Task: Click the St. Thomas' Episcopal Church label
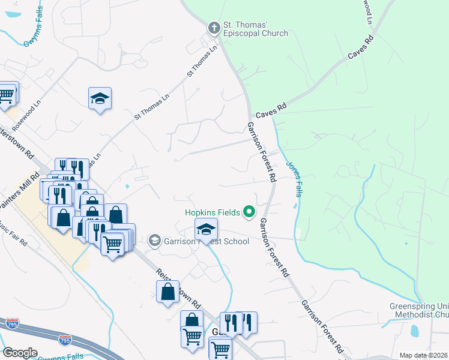pyautogui.click(x=256, y=29)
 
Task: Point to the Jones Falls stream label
pyautogui.click(x=294, y=178)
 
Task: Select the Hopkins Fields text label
pyautogui.click(x=212, y=212)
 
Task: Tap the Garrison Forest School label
pyautogui.click(x=206, y=242)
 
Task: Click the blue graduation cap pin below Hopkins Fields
pyautogui.click(x=206, y=229)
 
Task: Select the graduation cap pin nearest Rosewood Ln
pyautogui.click(x=100, y=98)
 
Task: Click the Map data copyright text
pyautogui.click(x=424, y=355)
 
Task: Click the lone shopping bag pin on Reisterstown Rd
pyautogui.click(x=167, y=292)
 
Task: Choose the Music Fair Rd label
pyautogui.click(x=13, y=235)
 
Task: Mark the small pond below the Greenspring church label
pyautogui.click(x=414, y=330)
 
